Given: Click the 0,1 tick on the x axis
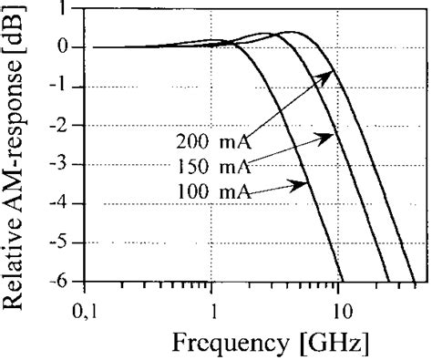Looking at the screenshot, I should pos(87,307).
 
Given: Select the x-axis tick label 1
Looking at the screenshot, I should pos(213,307).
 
